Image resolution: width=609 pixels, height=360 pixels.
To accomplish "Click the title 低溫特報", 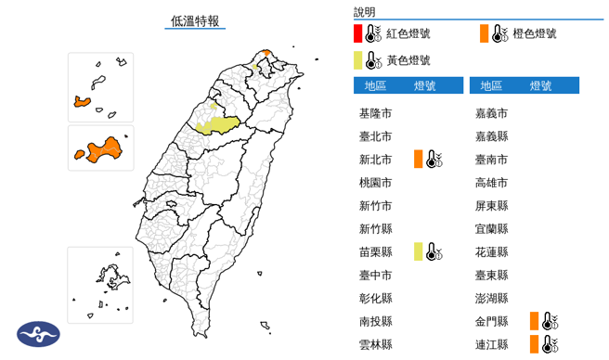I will (x=196, y=20).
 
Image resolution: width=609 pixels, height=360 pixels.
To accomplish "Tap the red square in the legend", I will (x=358, y=34).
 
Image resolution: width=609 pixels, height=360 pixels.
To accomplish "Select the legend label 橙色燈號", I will (x=536, y=34).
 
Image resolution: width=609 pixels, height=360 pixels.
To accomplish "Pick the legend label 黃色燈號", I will (x=409, y=60).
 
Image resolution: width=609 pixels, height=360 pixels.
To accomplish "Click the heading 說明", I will (x=365, y=12).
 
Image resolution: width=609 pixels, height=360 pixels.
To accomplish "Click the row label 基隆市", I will (x=375, y=113).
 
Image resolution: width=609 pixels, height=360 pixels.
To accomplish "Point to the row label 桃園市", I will (x=375, y=183).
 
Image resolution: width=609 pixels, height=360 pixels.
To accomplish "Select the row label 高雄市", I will (x=491, y=183).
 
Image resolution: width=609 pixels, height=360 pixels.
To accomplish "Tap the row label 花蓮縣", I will (x=491, y=252).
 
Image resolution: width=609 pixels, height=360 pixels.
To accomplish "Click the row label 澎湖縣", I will (x=491, y=299).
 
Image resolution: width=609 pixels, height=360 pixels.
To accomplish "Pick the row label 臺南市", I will (x=491, y=160).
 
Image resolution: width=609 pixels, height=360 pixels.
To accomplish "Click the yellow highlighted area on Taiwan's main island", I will (x=219, y=123).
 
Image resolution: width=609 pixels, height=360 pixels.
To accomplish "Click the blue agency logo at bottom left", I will (x=38, y=334).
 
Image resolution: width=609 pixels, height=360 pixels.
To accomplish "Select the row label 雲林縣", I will (x=375, y=345).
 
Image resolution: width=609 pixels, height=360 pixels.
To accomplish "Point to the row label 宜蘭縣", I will (x=491, y=229).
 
